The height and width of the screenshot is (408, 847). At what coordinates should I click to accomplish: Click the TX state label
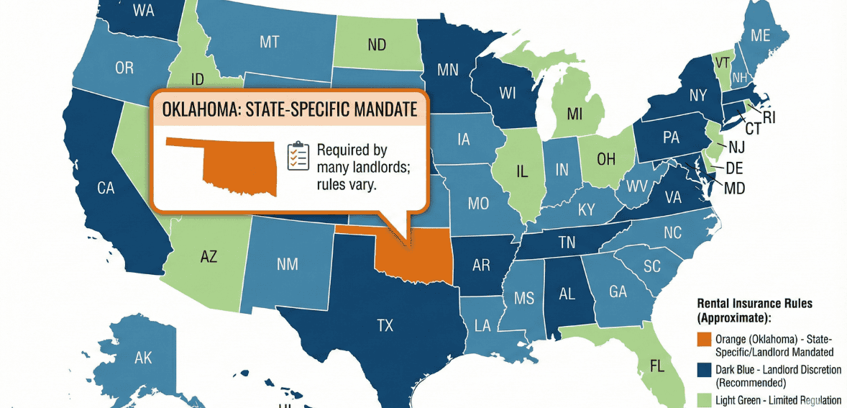click(385, 325)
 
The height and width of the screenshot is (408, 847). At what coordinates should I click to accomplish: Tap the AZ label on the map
click(209, 256)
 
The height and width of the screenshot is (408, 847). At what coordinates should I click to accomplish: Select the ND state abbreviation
click(377, 45)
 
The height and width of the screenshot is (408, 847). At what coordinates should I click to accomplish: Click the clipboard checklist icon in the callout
click(298, 156)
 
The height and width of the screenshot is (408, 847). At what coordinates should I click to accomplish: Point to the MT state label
click(269, 42)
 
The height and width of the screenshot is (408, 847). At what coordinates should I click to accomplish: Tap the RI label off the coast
click(769, 117)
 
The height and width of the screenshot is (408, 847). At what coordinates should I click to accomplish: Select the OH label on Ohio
click(606, 159)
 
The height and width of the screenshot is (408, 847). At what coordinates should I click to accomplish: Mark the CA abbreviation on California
click(106, 189)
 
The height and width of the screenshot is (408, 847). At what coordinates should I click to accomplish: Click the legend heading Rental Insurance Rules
click(755, 304)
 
